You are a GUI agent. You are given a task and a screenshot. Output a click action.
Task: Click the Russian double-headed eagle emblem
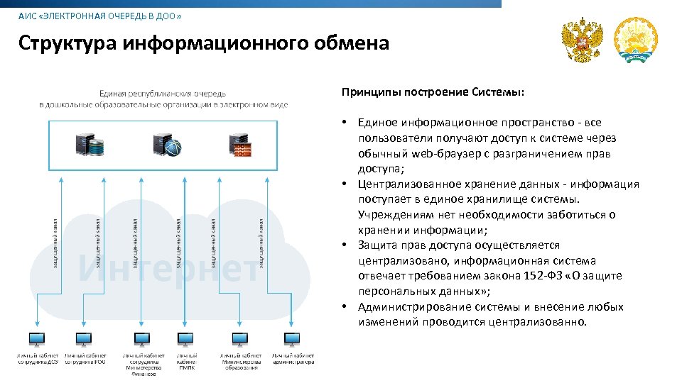click(x=582, y=40)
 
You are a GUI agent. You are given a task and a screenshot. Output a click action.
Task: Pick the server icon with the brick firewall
click(x=242, y=144)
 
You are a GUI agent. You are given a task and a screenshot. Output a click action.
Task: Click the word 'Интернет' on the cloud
click(x=168, y=269)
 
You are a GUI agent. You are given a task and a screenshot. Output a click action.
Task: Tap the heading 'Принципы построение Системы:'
click(x=433, y=92)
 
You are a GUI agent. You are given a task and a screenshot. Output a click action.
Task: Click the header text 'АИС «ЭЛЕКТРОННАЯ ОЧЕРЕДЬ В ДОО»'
click(x=99, y=16)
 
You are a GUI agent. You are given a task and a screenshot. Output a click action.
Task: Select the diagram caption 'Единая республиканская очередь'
click(x=163, y=93)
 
